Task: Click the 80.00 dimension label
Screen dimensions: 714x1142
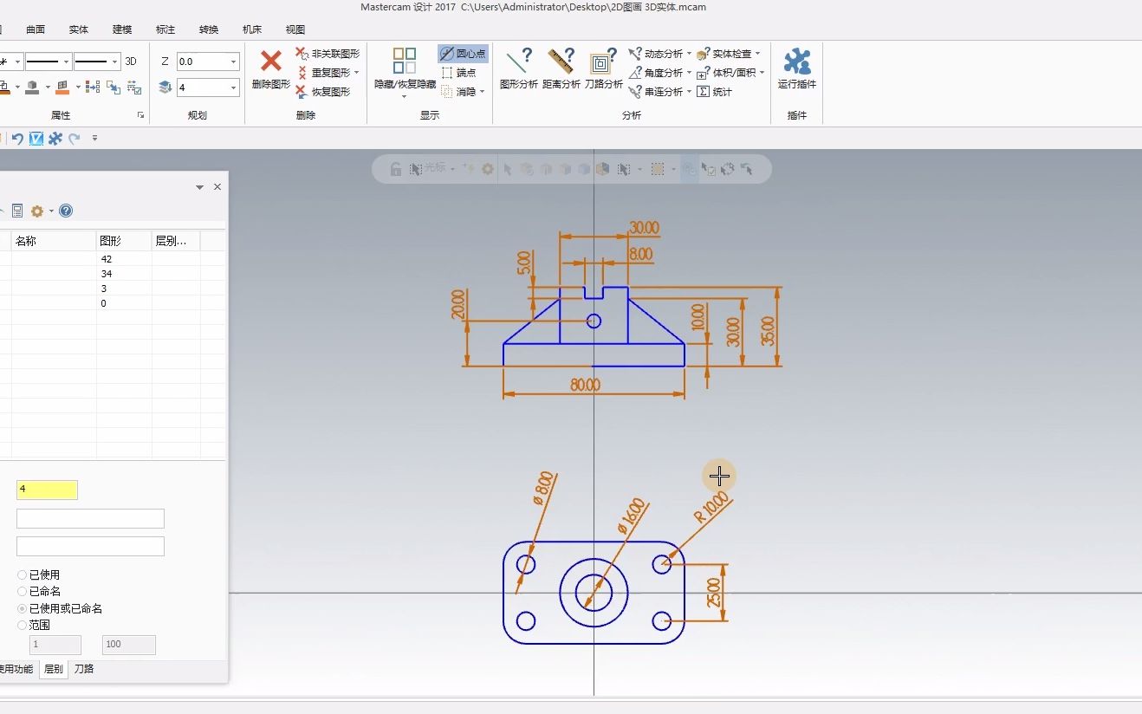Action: pyautogui.click(x=586, y=385)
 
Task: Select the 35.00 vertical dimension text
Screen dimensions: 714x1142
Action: pyautogui.click(x=768, y=331)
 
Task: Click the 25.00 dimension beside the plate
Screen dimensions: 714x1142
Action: pyautogui.click(x=714, y=593)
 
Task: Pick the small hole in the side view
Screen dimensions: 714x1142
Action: pyautogui.click(x=594, y=321)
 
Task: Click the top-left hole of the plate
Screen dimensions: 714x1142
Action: pyautogui.click(x=526, y=565)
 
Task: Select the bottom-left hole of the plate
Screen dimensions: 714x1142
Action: pyautogui.click(x=526, y=620)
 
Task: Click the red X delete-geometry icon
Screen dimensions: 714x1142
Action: pyautogui.click(x=271, y=61)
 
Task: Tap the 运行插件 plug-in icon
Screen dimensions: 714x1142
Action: pyautogui.click(x=797, y=62)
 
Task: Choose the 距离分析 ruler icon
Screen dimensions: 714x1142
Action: pyautogui.click(x=561, y=62)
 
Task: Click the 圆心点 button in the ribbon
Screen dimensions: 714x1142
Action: pyautogui.click(x=464, y=54)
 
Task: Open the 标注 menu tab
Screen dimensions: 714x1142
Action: pyautogui.click(x=165, y=29)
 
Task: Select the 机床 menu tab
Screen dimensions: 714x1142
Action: pyautogui.click(x=252, y=29)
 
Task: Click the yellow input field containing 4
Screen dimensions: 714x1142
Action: pyautogui.click(x=47, y=490)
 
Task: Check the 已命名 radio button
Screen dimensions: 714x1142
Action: pyautogui.click(x=23, y=591)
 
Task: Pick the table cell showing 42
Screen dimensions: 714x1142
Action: pyautogui.click(x=107, y=259)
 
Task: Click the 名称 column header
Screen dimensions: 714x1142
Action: pyautogui.click(x=26, y=241)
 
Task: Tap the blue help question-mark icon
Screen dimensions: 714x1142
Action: pyautogui.click(x=66, y=211)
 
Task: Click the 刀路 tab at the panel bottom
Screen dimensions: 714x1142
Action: pyautogui.click(x=84, y=669)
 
